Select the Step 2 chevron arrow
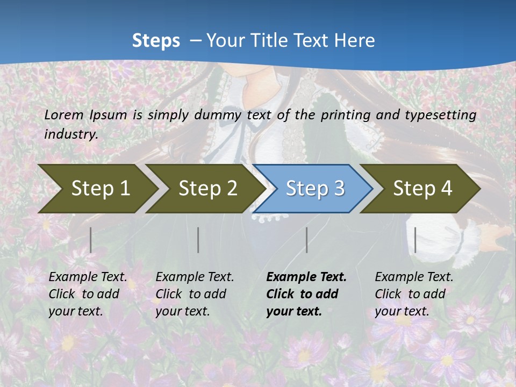pyautogui.click(x=207, y=189)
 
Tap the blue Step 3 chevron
pyautogui.click(x=315, y=189)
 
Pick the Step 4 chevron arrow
pyautogui.click(x=422, y=189)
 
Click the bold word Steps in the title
pyautogui.click(x=156, y=41)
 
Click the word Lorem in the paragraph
pyautogui.click(x=64, y=115)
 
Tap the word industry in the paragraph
pyautogui.click(x=71, y=134)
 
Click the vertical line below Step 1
pyautogui.click(x=91, y=240)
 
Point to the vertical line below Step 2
pyautogui.click(x=198, y=240)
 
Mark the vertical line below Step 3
pyautogui.click(x=306, y=240)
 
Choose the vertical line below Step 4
pyautogui.click(x=415, y=240)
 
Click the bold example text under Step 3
pyautogui.click(x=306, y=294)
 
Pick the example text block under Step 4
pyautogui.click(x=414, y=294)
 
